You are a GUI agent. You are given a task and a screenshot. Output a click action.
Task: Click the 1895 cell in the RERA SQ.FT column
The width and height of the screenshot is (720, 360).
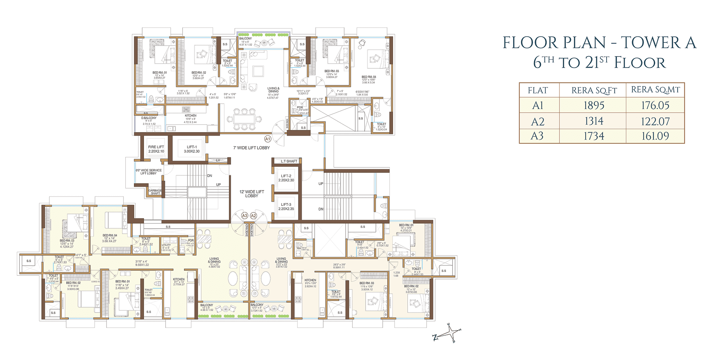point(594,105)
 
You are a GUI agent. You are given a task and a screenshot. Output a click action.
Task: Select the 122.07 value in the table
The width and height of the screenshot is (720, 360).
point(655,122)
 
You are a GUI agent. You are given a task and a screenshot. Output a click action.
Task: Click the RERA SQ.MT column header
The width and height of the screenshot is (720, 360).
point(655,90)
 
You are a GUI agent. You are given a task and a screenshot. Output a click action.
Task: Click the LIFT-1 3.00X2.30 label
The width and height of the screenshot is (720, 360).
point(192,149)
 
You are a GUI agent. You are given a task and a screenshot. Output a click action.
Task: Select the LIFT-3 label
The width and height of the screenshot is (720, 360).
point(286,207)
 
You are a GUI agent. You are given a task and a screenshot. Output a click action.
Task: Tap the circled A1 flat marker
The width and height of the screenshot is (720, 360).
point(267,139)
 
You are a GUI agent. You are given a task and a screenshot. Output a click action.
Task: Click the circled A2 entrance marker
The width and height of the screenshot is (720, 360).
point(253,216)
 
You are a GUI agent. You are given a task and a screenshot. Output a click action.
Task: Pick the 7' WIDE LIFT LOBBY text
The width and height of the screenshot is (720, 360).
point(251,148)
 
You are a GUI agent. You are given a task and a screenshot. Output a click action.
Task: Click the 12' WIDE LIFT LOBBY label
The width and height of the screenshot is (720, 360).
point(252,194)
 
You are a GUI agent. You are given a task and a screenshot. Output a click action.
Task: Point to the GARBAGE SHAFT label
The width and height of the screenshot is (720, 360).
point(155,192)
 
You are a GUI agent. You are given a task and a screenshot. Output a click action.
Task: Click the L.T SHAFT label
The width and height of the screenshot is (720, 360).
point(289,161)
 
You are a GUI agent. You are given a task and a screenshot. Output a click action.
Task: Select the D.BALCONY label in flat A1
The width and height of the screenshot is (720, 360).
point(149,118)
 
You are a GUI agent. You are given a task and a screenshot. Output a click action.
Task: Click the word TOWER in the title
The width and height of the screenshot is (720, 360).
point(651,43)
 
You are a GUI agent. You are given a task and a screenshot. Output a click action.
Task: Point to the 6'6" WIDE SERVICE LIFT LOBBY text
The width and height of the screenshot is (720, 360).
point(148,172)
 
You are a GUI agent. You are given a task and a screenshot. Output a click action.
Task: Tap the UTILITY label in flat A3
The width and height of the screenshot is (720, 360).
point(166,245)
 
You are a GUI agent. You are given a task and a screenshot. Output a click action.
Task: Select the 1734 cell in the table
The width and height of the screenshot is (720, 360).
point(594,136)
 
